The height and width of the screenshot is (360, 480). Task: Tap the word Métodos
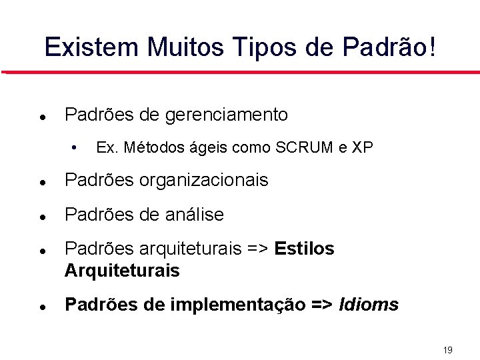[x=148, y=147]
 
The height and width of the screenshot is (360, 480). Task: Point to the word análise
[x=193, y=215]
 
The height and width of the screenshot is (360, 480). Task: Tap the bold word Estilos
[x=304, y=249]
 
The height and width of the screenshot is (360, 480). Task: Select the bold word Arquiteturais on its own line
[x=122, y=271]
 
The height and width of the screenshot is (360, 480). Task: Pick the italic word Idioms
[x=369, y=305]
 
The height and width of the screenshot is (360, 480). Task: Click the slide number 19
[x=447, y=349]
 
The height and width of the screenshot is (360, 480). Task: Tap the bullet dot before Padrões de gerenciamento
[x=42, y=116]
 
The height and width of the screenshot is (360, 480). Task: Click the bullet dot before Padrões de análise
[x=42, y=216]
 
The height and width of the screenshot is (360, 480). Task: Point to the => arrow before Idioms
[x=323, y=305]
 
